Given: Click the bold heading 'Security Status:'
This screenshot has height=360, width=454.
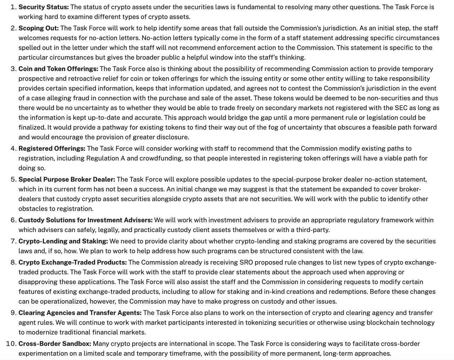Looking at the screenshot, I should click(44, 7).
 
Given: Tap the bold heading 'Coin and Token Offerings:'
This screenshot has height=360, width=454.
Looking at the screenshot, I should click(58, 69).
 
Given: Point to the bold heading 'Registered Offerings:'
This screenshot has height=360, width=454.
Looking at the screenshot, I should click(52, 149).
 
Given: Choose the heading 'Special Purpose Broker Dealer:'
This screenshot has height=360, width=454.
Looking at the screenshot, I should click(67, 180).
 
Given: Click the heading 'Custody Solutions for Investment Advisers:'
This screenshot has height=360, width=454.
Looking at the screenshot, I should click(85, 220).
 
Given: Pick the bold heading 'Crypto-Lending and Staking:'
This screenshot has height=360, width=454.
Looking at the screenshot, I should click(63, 241).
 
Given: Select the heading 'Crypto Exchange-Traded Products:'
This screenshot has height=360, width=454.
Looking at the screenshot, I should click(72, 263).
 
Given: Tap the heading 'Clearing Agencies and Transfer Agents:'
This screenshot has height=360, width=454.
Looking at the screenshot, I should click(80, 313).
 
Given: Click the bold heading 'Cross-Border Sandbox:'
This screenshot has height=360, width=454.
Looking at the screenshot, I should click(55, 344).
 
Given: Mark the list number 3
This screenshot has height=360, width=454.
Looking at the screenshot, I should click(13, 69).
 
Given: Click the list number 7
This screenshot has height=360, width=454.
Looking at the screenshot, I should click(13, 241).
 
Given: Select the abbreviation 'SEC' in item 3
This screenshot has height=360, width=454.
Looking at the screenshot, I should click(401, 108).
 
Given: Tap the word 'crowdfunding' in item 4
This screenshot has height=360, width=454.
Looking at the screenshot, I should click(161, 158).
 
